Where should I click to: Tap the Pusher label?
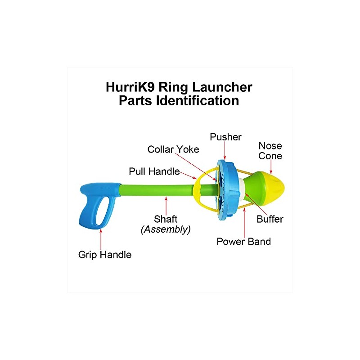point(225,137)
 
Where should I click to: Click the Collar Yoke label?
point(173,149)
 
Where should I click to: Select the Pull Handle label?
point(154,171)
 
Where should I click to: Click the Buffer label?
point(270,219)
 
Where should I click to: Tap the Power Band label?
point(243,242)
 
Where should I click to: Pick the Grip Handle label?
point(105,255)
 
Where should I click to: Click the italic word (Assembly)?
point(166,229)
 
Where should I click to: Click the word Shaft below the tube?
point(166,219)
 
